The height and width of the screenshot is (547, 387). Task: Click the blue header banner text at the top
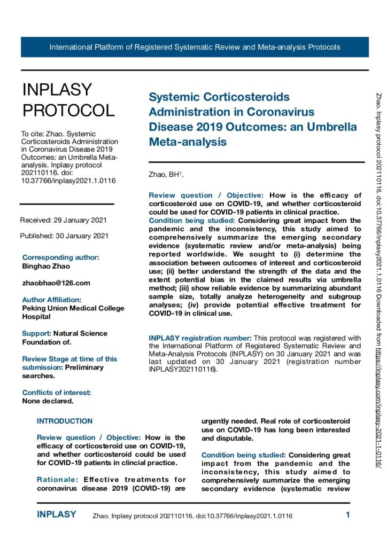click(x=195, y=47)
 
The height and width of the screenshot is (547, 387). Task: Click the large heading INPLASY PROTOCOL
click(x=68, y=100)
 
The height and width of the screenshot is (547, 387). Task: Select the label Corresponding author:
click(x=60, y=257)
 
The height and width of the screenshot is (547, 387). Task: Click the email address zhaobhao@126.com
click(x=56, y=283)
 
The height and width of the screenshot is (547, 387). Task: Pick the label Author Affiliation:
click(x=51, y=300)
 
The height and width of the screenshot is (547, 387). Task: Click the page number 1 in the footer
click(x=347, y=515)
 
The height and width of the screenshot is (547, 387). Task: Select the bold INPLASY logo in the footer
click(x=57, y=514)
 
